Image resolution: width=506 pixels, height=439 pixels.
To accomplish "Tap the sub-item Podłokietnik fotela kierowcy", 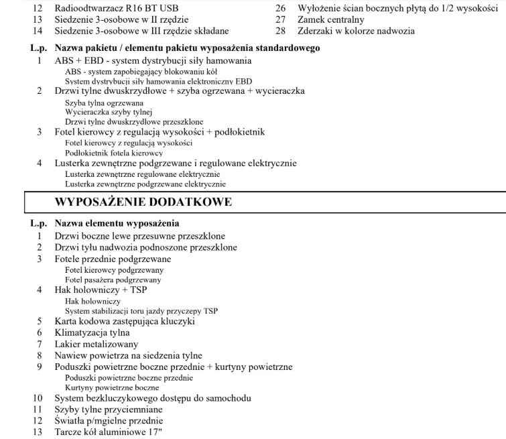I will [114, 153].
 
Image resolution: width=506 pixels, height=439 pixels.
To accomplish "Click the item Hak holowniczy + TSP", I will [101, 290].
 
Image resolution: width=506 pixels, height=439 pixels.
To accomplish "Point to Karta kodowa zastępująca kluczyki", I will [125, 321].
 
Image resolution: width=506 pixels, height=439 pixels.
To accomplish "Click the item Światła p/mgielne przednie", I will [109, 420].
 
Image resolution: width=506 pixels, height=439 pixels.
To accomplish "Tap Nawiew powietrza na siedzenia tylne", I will [128, 355].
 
